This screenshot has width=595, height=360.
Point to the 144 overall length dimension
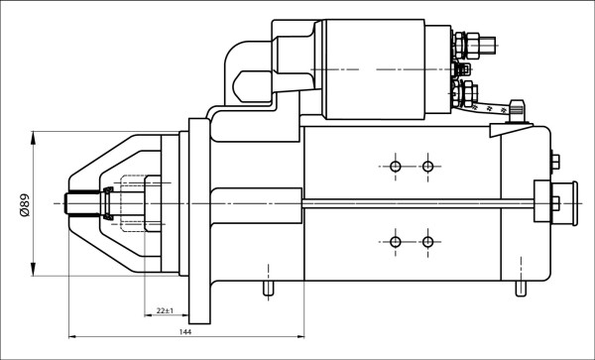(x=184, y=331)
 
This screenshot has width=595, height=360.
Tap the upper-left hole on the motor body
(x=396, y=166)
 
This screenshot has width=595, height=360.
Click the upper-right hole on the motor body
(x=427, y=166)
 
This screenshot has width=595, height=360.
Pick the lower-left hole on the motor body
(x=396, y=242)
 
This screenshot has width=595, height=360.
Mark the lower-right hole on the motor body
(x=427, y=242)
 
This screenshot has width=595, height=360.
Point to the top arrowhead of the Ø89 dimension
(x=35, y=136)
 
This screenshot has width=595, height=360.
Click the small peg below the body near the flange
(x=267, y=289)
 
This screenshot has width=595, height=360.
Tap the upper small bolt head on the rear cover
(x=553, y=161)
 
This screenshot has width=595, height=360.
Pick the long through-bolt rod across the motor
(x=416, y=204)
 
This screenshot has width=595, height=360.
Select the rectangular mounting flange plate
(x=198, y=218)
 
